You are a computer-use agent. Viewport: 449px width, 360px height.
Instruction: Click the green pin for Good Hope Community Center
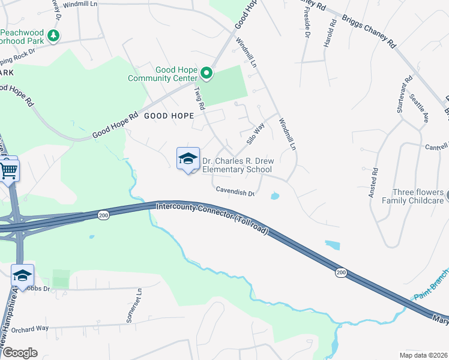pyautogui.click(x=206, y=74)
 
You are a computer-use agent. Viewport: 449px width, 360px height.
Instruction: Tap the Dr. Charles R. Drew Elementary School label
pyautogui.click(x=237, y=165)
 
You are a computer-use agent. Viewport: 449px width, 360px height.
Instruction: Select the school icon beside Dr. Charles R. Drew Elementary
pyautogui.click(x=188, y=159)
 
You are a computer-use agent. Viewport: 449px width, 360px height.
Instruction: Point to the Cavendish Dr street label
pyautogui.click(x=236, y=192)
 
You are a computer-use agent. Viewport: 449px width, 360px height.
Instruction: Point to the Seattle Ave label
pyautogui.click(x=419, y=108)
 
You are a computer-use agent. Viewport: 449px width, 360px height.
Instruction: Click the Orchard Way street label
pyautogui.click(x=29, y=328)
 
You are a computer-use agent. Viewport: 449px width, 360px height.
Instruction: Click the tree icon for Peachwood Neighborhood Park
pyautogui.click(x=54, y=36)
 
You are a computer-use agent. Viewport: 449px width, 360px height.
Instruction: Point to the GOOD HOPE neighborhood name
pyautogui.click(x=168, y=116)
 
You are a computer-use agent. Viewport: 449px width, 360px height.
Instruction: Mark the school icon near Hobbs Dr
pyautogui.click(x=22, y=275)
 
